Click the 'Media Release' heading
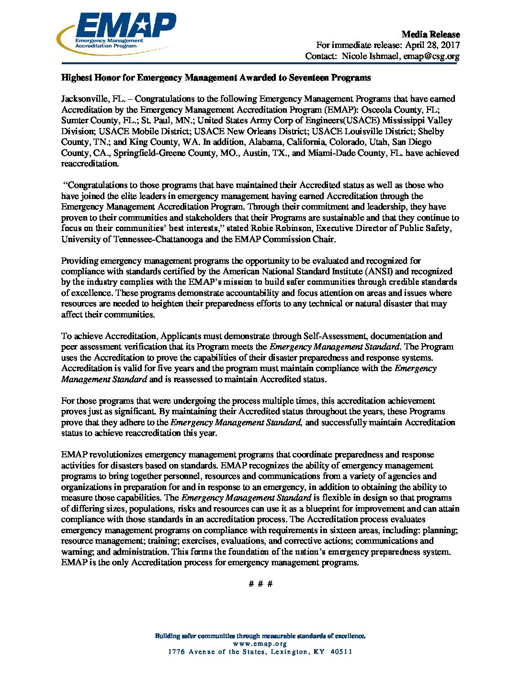tap(430, 35)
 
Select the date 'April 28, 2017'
tap(432, 45)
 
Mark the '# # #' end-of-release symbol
tap(261, 584)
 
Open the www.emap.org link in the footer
tap(260, 644)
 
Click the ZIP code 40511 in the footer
tap(341, 652)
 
